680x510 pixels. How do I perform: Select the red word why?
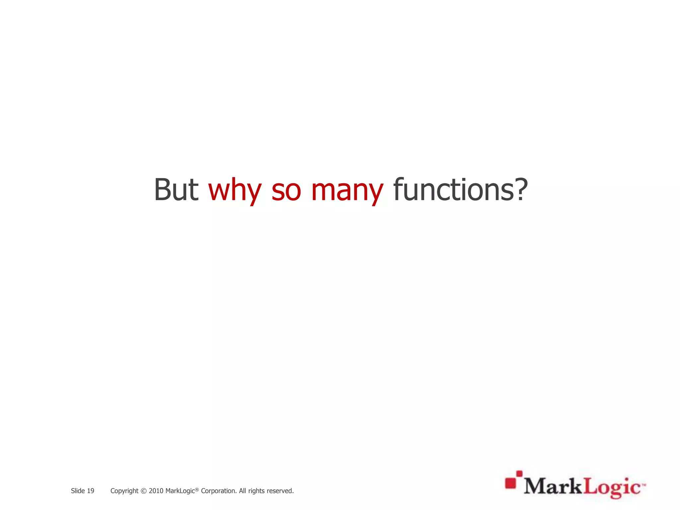click(x=234, y=190)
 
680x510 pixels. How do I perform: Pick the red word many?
click(x=347, y=190)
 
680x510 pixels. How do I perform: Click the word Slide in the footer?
click(x=78, y=491)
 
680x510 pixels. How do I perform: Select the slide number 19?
click(x=90, y=491)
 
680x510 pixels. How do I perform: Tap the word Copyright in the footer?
click(x=124, y=491)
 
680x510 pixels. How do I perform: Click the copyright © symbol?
click(x=143, y=491)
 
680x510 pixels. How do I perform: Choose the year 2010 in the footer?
click(x=156, y=491)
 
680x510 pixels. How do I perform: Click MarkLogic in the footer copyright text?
click(x=180, y=491)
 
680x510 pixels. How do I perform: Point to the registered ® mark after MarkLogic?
click(x=197, y=489)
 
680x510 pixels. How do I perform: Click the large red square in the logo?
click(x=511, y=483)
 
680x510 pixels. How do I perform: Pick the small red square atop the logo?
click(x=519, y=474)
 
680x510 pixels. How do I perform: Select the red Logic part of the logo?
click(x=612, y=487)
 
